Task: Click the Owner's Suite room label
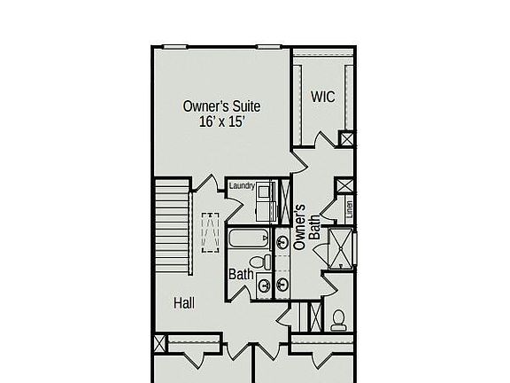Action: click(221, 106)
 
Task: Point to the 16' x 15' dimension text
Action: click(221, 122)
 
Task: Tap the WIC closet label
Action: click(322, 97)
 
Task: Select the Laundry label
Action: click(242, 186)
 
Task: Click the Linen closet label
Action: click(350, 210)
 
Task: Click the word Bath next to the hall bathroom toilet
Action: click(242, 275)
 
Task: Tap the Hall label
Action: click(184, 303)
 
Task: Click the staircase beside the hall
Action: click(173, 225)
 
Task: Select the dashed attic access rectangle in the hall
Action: click(211, 233)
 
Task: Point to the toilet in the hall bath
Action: click(261, 262)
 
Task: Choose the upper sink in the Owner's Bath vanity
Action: click(282, 241)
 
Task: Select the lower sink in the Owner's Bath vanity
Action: click(282, 284)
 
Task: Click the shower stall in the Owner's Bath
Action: click(340, 247)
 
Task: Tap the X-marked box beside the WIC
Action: click(347, 139)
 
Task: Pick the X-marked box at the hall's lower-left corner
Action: click(160, 344)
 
